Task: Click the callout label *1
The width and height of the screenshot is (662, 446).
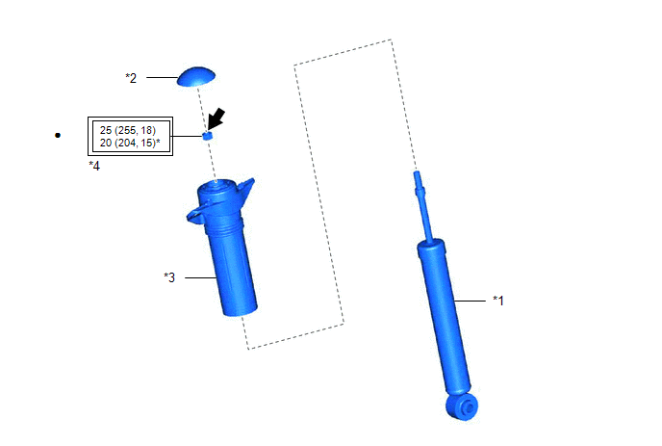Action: coord(498,301)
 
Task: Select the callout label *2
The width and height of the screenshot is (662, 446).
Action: coord(131,78)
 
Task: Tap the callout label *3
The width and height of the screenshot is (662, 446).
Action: coord(169,277)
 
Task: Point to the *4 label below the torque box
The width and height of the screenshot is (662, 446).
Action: coord(94,166)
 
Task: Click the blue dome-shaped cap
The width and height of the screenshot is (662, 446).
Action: coord(196,77)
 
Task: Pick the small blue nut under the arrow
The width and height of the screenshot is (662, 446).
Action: coord(207,136)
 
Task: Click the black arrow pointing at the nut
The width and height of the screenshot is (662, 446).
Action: coord(216,118)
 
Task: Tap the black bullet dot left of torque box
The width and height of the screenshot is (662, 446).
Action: coord(58,135)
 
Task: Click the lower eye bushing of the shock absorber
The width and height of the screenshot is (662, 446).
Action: coord(463,407)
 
